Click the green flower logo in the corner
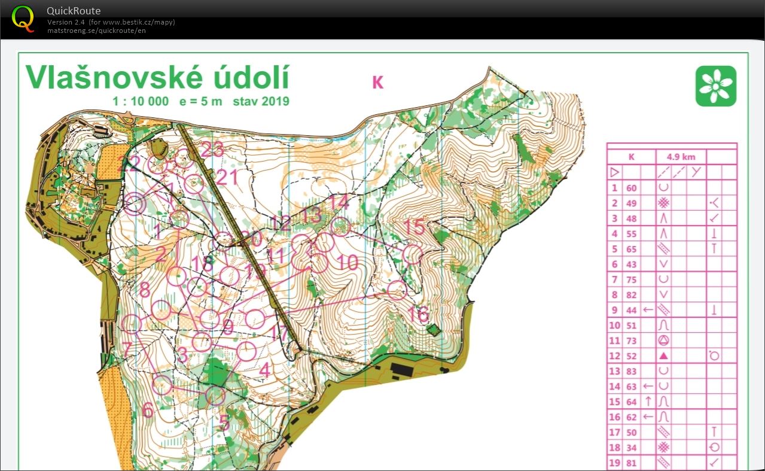(715, 86)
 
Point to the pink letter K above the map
(377, 83)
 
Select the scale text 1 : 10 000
(141, 101)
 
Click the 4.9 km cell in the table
(681, 157)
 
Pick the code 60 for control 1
(632, 188)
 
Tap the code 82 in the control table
(632, 294)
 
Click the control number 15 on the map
(414, 227)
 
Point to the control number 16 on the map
(419, 314)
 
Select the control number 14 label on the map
(339, 202)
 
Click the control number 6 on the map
(148, 410)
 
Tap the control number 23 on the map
(212, 149)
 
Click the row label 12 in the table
(614, 356)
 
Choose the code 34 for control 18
(632, 448)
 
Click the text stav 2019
(261, 101)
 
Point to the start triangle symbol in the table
(614, 172)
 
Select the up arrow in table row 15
(648, 402)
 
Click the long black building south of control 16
(403, 370)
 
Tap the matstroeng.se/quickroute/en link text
(96, 31)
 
